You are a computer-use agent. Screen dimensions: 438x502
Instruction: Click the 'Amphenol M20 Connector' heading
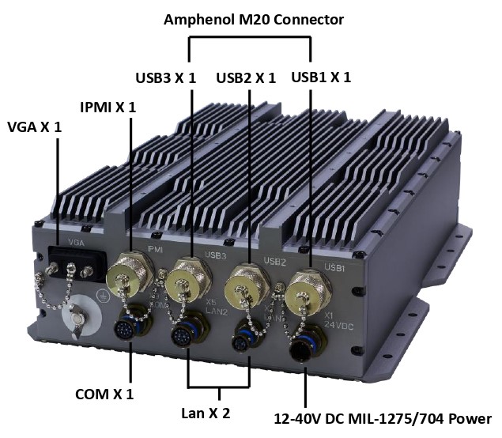[253, 20]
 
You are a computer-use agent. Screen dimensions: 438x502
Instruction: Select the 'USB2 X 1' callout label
[246, 77]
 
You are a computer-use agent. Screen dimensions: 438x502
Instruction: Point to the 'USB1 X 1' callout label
[321, 77]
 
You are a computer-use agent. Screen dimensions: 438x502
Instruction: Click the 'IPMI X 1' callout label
[108, 107]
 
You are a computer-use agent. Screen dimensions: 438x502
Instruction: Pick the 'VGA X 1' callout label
[34, 126]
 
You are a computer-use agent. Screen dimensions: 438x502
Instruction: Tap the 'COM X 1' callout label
[104, 394]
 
